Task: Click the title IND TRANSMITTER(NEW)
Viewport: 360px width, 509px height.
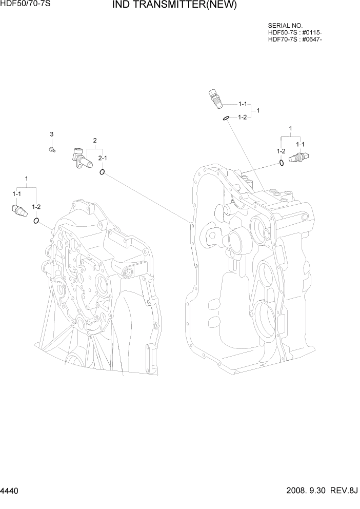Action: point(174,6)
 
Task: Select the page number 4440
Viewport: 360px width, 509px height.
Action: point(11,491)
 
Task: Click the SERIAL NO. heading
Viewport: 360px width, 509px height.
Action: point(285,25)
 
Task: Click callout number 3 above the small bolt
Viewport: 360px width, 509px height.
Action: point(51,134)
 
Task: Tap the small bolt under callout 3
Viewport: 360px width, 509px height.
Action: point(52,149)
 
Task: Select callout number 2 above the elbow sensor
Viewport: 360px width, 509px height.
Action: point(95,140)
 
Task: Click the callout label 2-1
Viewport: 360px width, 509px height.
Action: point(103,158)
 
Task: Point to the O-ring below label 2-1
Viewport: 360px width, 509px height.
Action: point(103,172)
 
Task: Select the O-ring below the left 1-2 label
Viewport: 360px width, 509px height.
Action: point(36,221)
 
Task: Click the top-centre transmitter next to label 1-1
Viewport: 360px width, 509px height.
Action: point(215,97)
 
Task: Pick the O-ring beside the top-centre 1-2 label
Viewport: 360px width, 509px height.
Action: point(226,119)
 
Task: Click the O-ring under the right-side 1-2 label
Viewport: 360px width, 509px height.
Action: point(282,163)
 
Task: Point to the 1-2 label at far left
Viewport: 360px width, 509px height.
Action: point(36,207)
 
